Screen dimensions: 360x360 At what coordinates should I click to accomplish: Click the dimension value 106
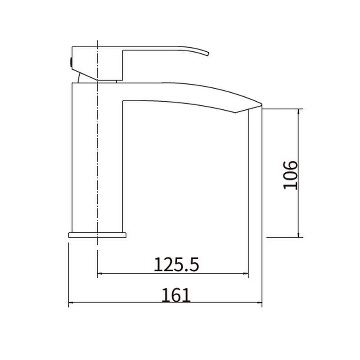click(x=290, y=175)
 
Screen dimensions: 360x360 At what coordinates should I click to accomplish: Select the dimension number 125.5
click(x=176, y=265)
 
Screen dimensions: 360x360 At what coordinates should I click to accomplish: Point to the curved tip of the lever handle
click(x=208, y=54)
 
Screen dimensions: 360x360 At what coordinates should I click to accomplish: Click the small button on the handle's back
click(x=71, y=63)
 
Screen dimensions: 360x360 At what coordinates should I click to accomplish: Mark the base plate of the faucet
click(x=97, y=235)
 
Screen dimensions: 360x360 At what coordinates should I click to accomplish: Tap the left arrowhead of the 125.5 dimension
click(x=99, y=274)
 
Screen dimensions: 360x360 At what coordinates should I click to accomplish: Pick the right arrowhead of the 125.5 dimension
click(x=246, y=274)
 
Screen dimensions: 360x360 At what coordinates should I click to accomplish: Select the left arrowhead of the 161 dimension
click(x=71, y=302)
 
